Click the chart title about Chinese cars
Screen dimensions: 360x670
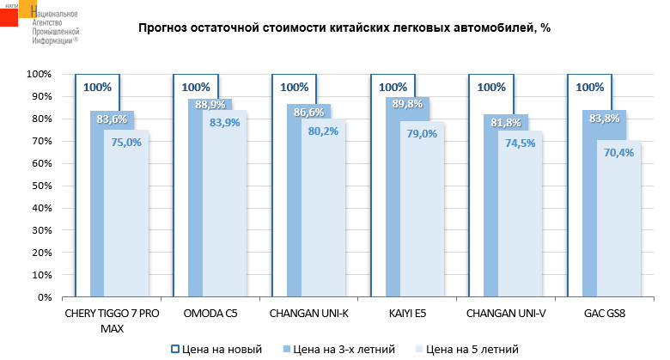[x=344, y=27]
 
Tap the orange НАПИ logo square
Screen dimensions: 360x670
[x=15, y=15]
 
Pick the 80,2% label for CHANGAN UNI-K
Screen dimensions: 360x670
[x=322, y=132]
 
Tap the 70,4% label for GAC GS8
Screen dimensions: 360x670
[x=618, y=153]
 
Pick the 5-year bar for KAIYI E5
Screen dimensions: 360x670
[x=422, y=223]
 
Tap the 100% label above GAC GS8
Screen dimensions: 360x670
[x=589, y=87]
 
